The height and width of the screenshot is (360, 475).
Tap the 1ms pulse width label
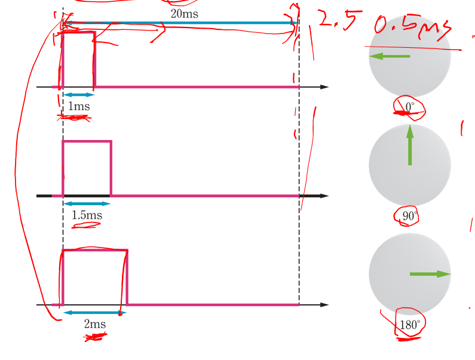pyautogui.click(x=79, y=106)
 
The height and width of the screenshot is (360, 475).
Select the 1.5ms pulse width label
pyautogui.click(x=87, y=215)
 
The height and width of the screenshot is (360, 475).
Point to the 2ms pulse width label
pyautogui.click(x=94, y=324)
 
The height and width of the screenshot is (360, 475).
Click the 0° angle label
pyautogui.click(x=410, y=107)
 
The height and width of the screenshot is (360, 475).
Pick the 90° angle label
pyautogui.click(x=409, y=216)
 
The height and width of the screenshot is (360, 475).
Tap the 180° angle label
pyautogui.click(x=410, y=325)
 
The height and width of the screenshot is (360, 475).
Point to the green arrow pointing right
pyautogui.click(x=430, y=274)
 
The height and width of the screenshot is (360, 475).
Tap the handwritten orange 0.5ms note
pyautogui.click(x=412, y=27)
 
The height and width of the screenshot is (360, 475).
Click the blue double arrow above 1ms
pyautogui.click(x=79, y=94)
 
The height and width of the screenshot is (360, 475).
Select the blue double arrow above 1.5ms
pyautogui.click(x=87, y=204)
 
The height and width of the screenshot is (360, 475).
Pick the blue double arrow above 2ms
pyautogui.click(x=95, y=313)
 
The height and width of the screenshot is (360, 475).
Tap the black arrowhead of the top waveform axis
pyautogui.click(x=324, y=87)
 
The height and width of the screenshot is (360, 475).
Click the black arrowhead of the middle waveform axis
pyautogui.click(x=324, y=196)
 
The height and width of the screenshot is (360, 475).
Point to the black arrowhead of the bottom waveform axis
pyautogui.click(x=324, y=305)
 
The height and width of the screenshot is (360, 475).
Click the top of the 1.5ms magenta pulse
pyautogui.click(x=87, y=142)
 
